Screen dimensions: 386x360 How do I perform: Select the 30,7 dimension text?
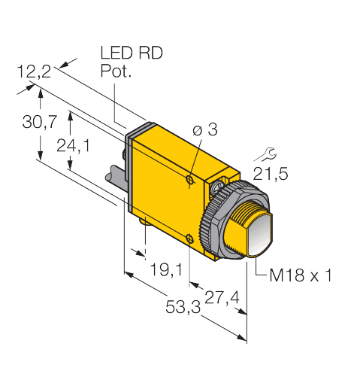(38, 123)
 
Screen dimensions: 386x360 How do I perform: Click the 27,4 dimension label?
(222, 298)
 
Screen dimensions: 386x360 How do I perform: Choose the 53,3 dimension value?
(180, 308)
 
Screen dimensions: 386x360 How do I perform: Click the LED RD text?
(131, 54)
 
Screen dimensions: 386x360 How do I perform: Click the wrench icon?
(261, 156)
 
